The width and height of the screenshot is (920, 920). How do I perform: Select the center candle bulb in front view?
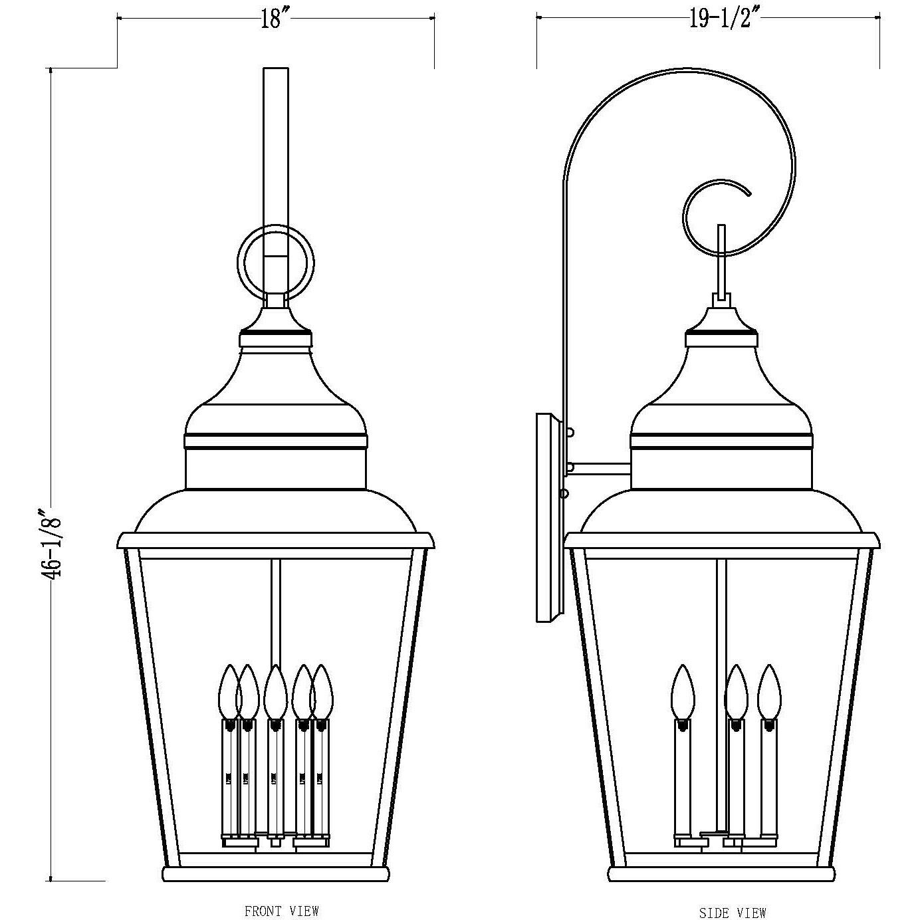click(275, 691)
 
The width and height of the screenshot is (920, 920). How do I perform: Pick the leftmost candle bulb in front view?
click(229, 691)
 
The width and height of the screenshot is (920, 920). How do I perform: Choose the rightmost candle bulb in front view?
click(322, 691)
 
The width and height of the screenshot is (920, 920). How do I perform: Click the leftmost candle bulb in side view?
click(683, 691)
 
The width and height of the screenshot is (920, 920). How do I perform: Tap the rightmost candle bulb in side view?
click(769, 691)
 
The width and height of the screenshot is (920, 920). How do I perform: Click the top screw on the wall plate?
click(570, 432)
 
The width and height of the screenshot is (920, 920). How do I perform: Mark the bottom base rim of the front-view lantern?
click(275, 873)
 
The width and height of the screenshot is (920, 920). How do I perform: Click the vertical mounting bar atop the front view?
click(276, 153)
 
